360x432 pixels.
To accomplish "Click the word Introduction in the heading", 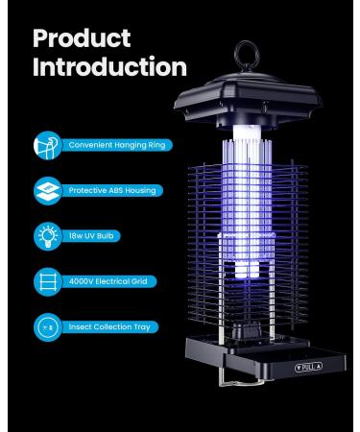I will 109,67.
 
